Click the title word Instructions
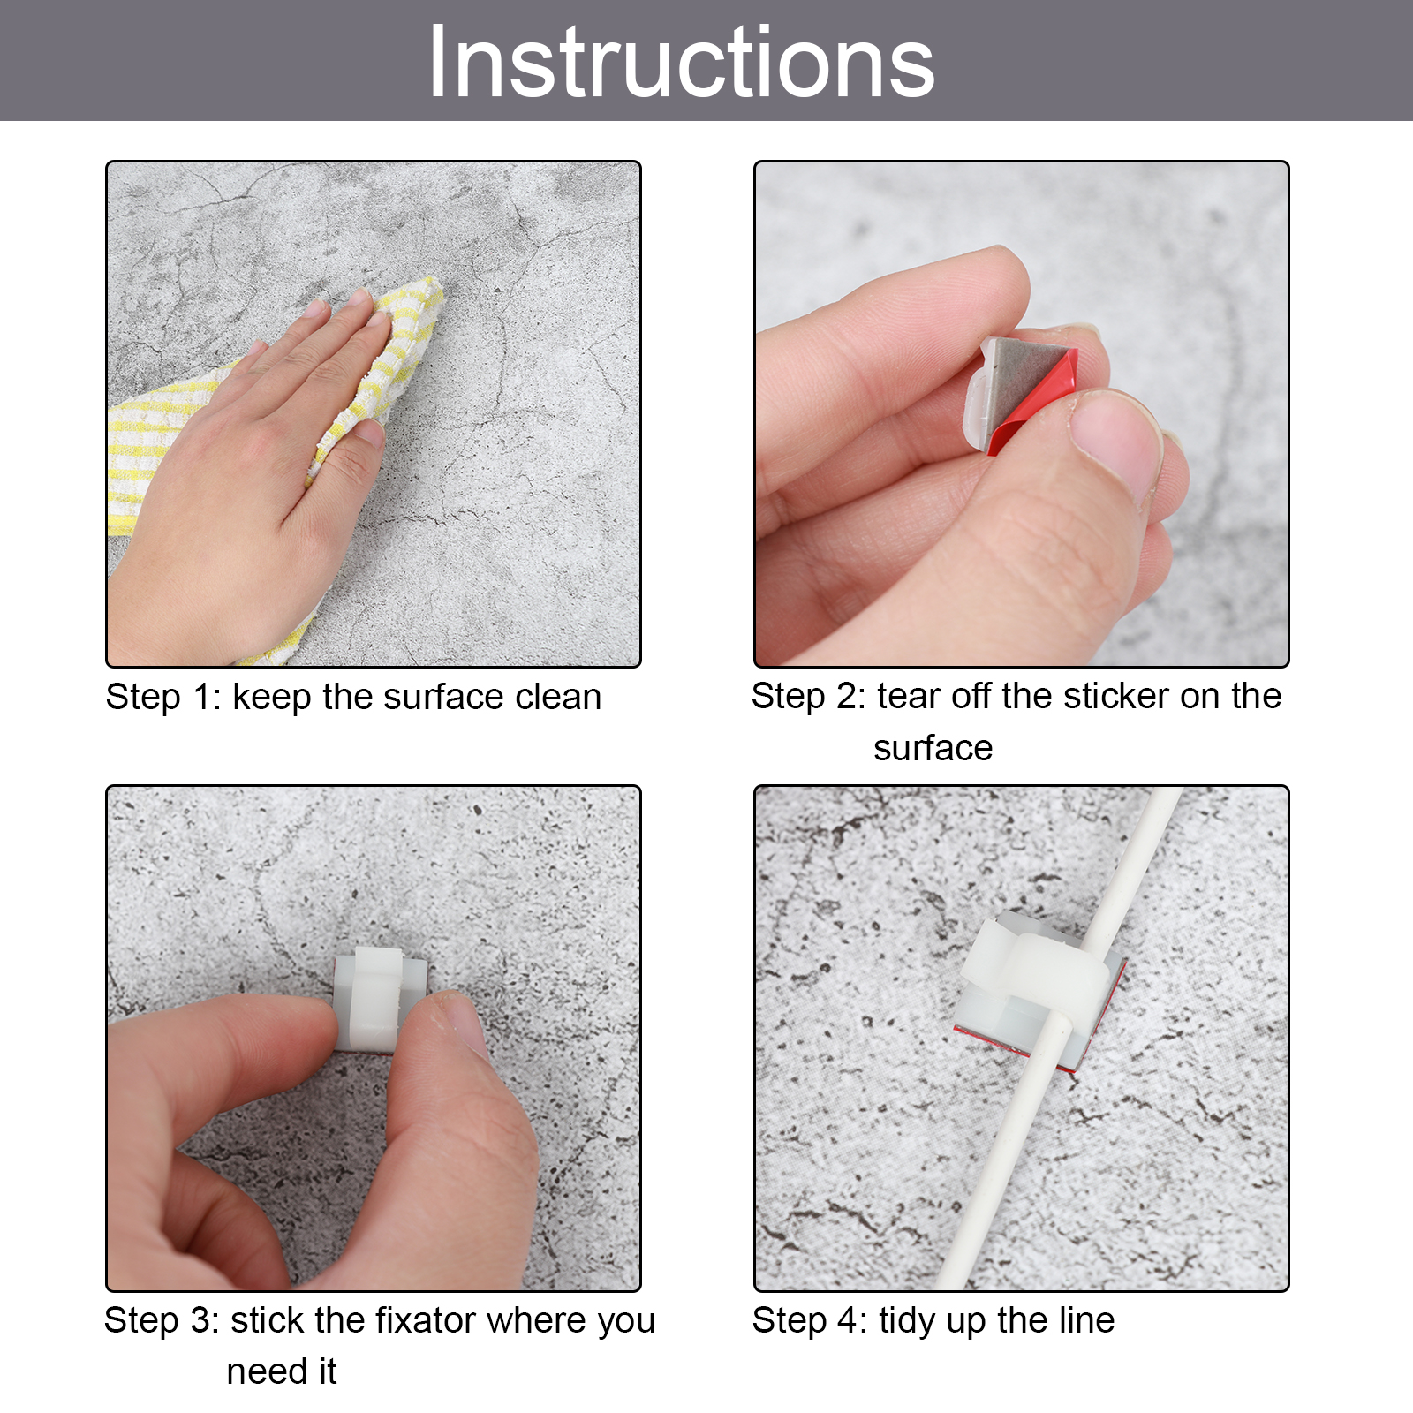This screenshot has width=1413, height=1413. coord(681,62)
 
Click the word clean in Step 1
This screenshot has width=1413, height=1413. coord(558,697)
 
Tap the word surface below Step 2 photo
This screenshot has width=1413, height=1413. coord(933,748)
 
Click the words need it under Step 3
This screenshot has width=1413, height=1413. coord(282,1371)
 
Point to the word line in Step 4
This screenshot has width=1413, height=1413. coord(1082,1320)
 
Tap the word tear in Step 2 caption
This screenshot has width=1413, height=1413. coord(909,696)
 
